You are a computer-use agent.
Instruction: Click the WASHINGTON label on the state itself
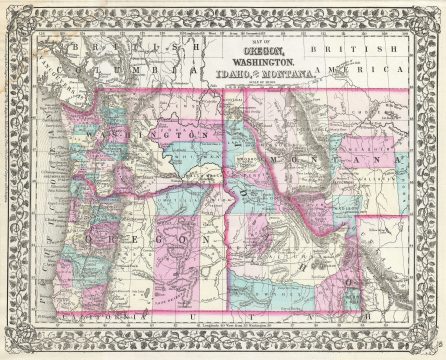(x=150, y=134)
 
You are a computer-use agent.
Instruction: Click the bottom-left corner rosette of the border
(x=14, y=346)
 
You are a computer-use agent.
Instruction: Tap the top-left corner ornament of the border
(x=14, y=14)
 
